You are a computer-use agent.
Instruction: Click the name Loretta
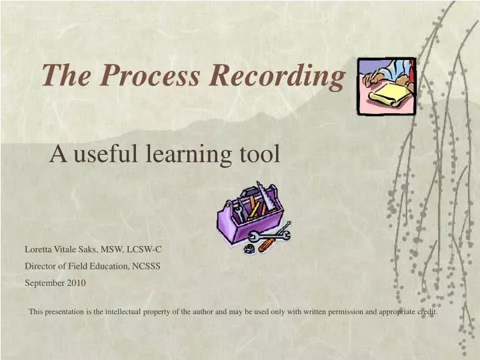[39, 249]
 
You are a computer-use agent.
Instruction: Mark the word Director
[41, 265]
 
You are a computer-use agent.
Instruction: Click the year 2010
[75, 282]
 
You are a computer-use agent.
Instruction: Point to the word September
[44, 282]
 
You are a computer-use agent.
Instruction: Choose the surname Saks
[88, 249]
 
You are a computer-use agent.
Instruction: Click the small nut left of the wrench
[246, 247]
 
